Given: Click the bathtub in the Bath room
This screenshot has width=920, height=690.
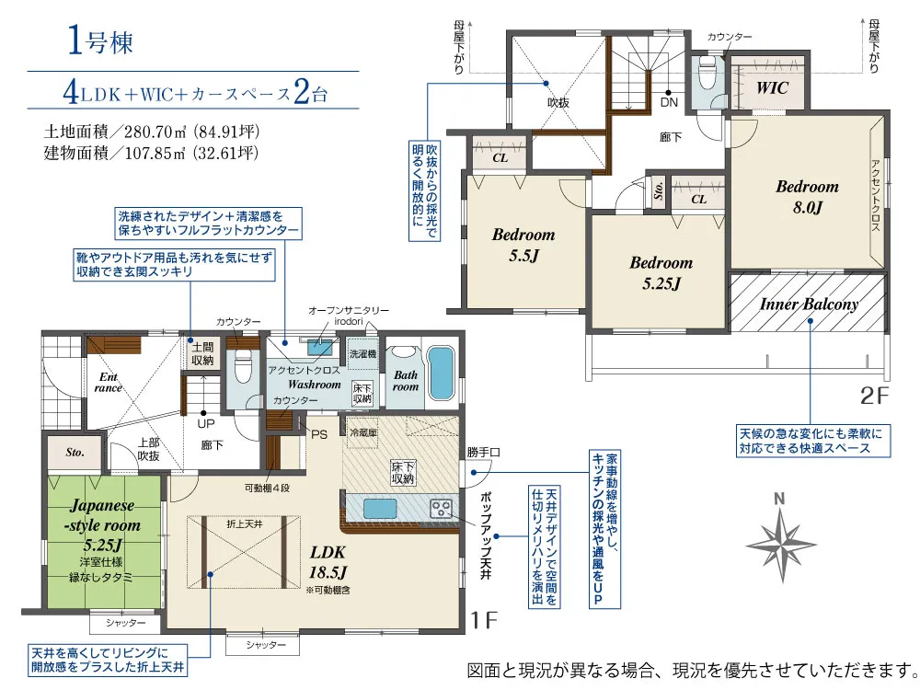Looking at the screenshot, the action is [441, 374].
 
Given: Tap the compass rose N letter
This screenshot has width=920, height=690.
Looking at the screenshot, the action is [779, 499].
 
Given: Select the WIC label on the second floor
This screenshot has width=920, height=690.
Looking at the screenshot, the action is [772, 88].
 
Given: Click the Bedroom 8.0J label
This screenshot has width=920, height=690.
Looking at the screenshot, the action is [808, 197].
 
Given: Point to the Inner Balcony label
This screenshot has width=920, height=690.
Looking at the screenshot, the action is [809, 304].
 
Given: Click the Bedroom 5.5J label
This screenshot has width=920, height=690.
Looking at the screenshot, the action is [523, 245].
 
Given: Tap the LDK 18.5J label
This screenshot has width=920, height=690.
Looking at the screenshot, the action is [328, 561].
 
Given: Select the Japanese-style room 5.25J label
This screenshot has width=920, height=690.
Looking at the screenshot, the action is [103, 524].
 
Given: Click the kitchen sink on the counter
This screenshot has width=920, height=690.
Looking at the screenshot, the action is [380, 508].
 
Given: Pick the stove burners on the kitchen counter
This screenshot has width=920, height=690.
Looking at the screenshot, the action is [442, 508].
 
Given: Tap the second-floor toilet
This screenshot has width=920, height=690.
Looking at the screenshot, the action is [708, 73].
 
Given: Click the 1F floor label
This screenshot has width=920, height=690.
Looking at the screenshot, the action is [485, 619].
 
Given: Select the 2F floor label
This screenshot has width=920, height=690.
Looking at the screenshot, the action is [874, 396].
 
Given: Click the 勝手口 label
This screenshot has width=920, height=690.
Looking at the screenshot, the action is [484, 452].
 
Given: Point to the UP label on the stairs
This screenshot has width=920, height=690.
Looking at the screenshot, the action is [206, 423].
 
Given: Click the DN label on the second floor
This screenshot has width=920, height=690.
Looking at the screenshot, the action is [669, 102].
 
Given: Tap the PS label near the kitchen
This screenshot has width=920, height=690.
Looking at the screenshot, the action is [319, 435].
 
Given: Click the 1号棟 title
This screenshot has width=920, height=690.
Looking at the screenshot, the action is [100, 41].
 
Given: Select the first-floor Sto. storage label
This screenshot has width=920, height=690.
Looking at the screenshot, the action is [75, 453].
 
